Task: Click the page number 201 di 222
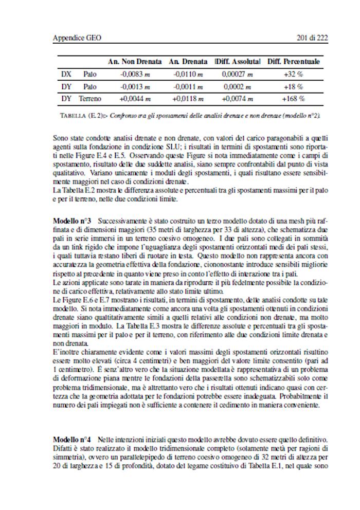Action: [x=313, y=38]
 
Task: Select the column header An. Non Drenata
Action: [x=135, y=62]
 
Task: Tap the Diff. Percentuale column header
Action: [x=293, y=62]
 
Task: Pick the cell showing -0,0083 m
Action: [x=135, y=74]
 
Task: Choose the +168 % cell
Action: [x=293, y=99]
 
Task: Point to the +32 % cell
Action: [x=293, y=74]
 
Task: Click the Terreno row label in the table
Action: [x=90, y=99]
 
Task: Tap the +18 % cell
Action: [x=293, y=86]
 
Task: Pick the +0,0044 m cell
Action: [x=135, y=99]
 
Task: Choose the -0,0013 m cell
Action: [x=135, y=86]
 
